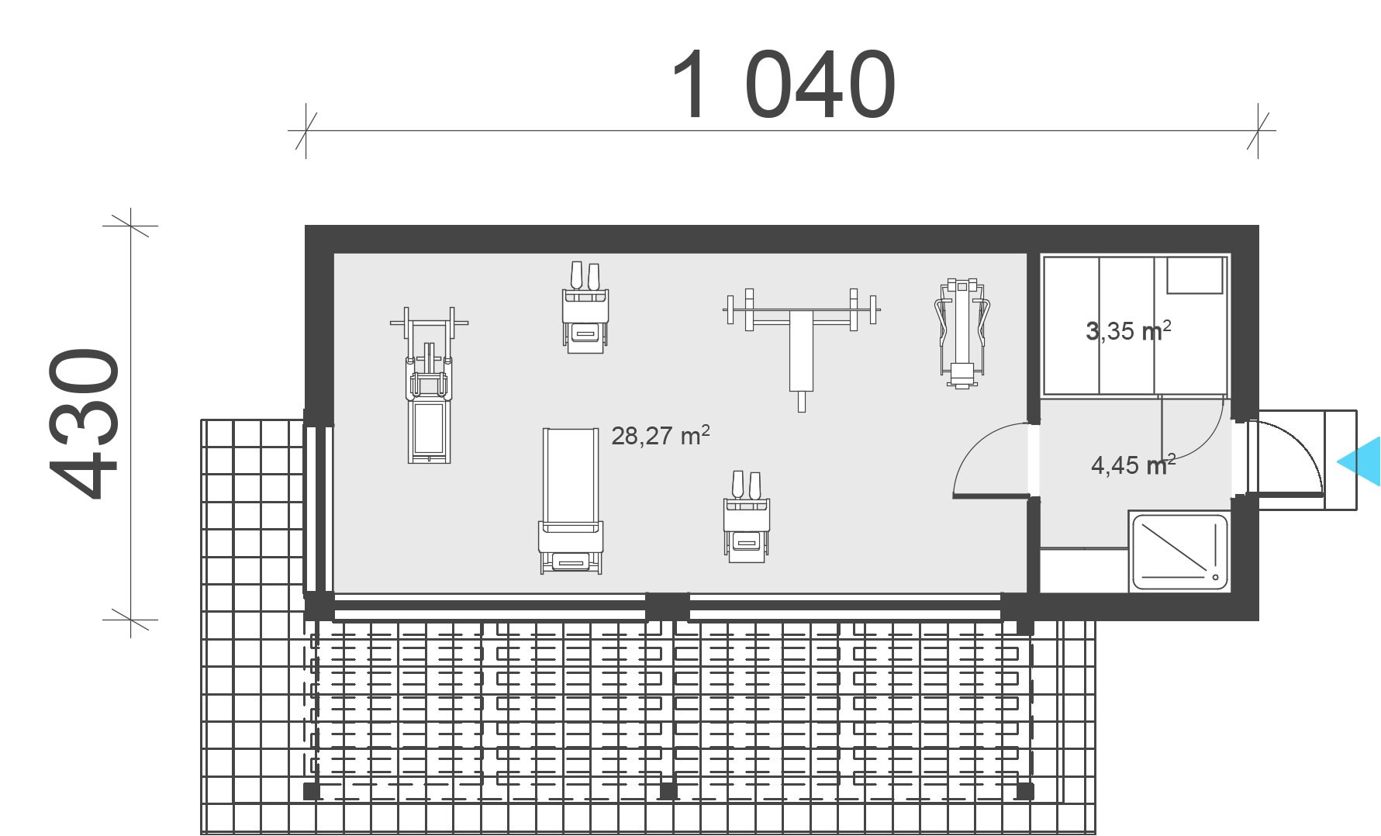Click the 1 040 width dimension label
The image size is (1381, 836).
(782, 85)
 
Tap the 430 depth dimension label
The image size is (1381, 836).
(85, 423)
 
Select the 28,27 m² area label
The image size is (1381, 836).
(661, 436)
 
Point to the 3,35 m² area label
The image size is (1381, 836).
(1129, 331)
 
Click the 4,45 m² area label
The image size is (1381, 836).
(1133, 465)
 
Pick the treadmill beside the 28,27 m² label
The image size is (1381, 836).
(571, 500)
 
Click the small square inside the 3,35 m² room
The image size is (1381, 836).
(1194, 275)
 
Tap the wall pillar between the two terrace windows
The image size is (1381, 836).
(667, 606)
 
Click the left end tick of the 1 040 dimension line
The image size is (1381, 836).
(306, 131)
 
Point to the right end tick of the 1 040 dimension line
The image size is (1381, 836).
(1258, 131)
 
